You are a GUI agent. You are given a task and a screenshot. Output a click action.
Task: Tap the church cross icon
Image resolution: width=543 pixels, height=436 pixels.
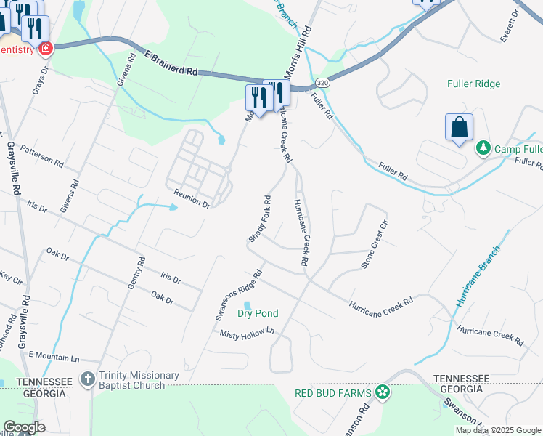(x=87, y=379)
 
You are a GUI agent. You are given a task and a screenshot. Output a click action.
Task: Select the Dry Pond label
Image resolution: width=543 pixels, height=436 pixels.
(x=257, y=314)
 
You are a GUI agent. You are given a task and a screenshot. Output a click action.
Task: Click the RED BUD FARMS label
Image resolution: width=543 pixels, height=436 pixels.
(x=333, y=393)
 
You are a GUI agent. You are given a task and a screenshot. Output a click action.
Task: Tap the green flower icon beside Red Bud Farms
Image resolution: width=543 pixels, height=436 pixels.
(x=383, y=393)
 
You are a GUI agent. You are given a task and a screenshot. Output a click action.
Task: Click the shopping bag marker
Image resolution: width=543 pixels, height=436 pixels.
(x=459, y=128)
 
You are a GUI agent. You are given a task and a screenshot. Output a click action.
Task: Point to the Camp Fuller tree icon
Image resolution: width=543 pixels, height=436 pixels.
(x=483, y=148)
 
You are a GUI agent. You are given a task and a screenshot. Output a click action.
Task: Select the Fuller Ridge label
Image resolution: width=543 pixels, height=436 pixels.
(x=474, y=84)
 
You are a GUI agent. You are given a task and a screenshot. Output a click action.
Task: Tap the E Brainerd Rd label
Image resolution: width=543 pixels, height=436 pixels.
(x=171, y=63)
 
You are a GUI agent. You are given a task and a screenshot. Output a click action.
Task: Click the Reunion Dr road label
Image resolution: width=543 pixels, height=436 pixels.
(x=192, y=198)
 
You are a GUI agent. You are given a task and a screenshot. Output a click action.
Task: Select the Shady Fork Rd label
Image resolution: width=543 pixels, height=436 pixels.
(x=260, y=219)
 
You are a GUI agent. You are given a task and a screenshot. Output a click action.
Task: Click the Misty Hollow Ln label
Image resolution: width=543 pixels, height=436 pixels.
(x=250, y=332)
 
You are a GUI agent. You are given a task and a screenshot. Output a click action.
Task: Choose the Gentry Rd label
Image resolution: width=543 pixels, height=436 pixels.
(x=136, y=273)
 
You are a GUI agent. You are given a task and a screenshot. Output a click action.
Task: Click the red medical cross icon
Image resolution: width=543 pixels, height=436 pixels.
(x=46, y=48)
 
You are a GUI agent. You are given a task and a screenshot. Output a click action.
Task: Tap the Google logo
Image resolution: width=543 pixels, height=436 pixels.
(x=24, y=427)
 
